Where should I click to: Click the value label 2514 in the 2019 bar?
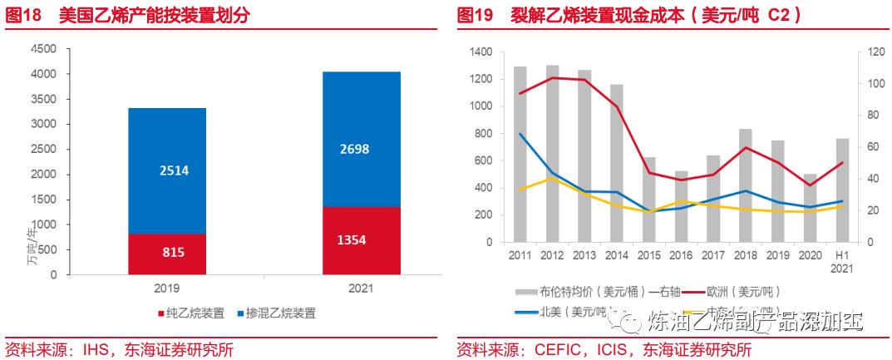(166, 170)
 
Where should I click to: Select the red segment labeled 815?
(166, 253)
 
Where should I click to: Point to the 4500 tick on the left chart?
(43, 49)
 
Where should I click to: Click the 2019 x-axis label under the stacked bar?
(166, 288)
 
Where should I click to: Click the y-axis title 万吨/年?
(32, 245)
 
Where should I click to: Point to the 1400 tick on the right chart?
(480, 52)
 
